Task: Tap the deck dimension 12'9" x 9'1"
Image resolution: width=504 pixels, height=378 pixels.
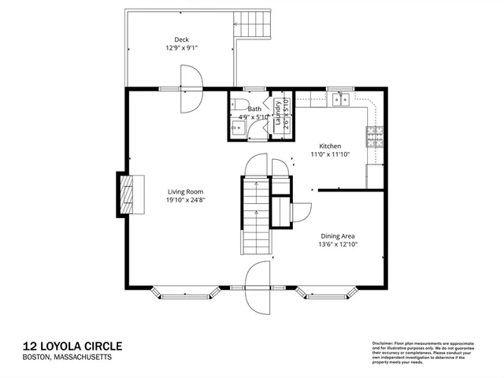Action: (181, 48)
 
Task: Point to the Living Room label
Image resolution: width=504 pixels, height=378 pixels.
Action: (185, 191)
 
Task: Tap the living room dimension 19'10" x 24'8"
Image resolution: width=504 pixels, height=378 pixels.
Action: (185, 200)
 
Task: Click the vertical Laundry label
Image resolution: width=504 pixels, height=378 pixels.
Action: (278, 114)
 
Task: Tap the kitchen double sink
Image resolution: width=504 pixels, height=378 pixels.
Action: (341, 99)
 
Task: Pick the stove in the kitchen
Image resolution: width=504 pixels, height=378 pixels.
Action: (374, 139)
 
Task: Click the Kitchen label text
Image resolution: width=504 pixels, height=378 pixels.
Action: (329, 146)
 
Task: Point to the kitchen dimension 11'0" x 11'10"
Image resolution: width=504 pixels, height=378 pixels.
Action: (329, 155)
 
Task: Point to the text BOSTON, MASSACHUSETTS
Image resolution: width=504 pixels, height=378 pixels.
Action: (67, 358)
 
